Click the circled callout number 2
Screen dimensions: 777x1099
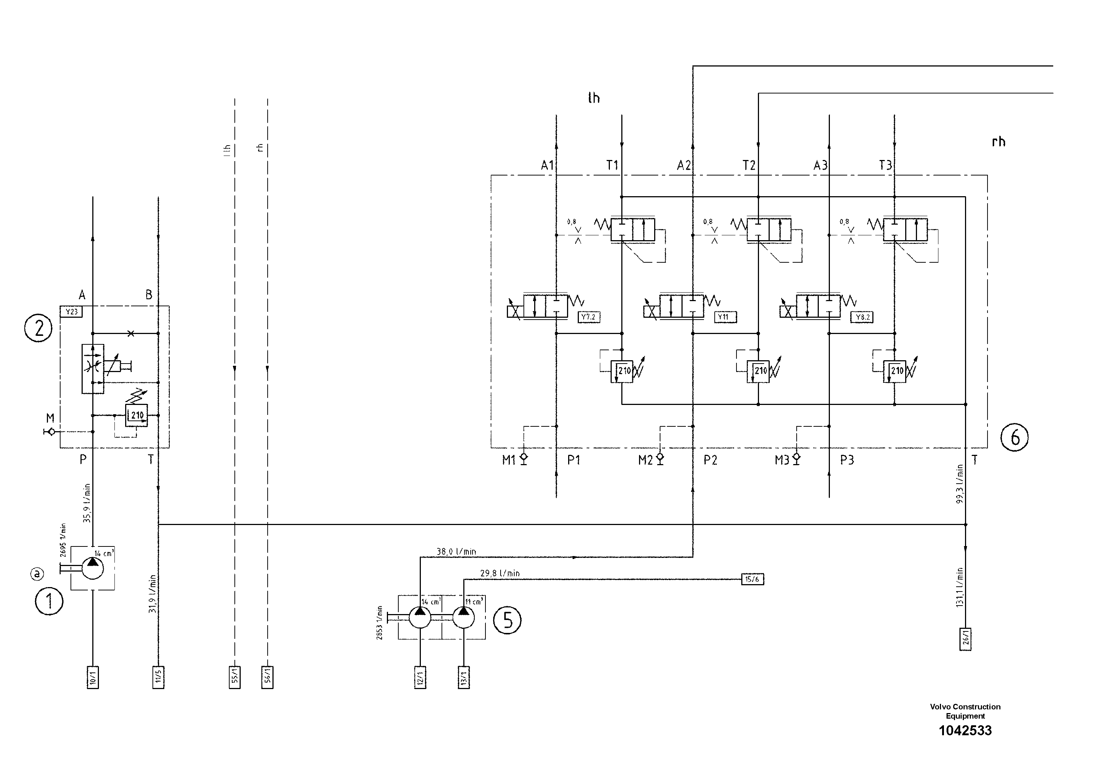[38, 328]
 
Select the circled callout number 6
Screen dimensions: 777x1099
[1014, 437]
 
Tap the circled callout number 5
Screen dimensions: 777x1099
[507, 620]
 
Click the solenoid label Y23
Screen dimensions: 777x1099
[71, 312]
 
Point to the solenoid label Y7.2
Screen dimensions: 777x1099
[589, 317]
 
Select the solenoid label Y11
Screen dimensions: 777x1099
[725, 317]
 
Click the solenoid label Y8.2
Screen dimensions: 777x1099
[862, 317]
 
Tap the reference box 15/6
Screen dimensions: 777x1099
[752, 579]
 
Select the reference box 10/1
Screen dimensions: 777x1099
[93, 677]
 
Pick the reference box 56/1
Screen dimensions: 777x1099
[268, 677]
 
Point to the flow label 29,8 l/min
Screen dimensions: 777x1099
[500, 573]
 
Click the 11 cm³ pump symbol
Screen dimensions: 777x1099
[463, 617]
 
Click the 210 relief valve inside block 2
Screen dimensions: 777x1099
[137, 415]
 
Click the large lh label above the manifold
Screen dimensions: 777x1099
[594, 98]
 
